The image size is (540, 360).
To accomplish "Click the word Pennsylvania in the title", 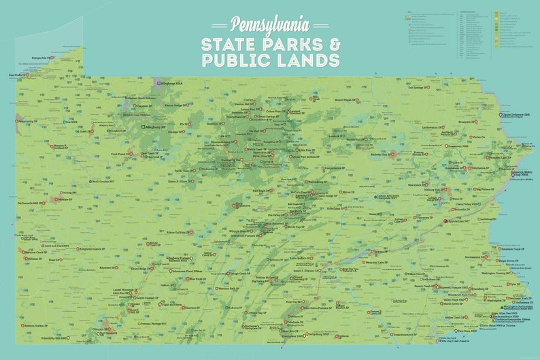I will pyautogui.click(x=270, y=25).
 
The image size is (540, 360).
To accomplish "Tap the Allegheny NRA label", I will pyautogui.click(x=171, y=83).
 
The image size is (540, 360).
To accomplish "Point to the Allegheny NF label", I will pyautogui.click(x=154, y=127).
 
